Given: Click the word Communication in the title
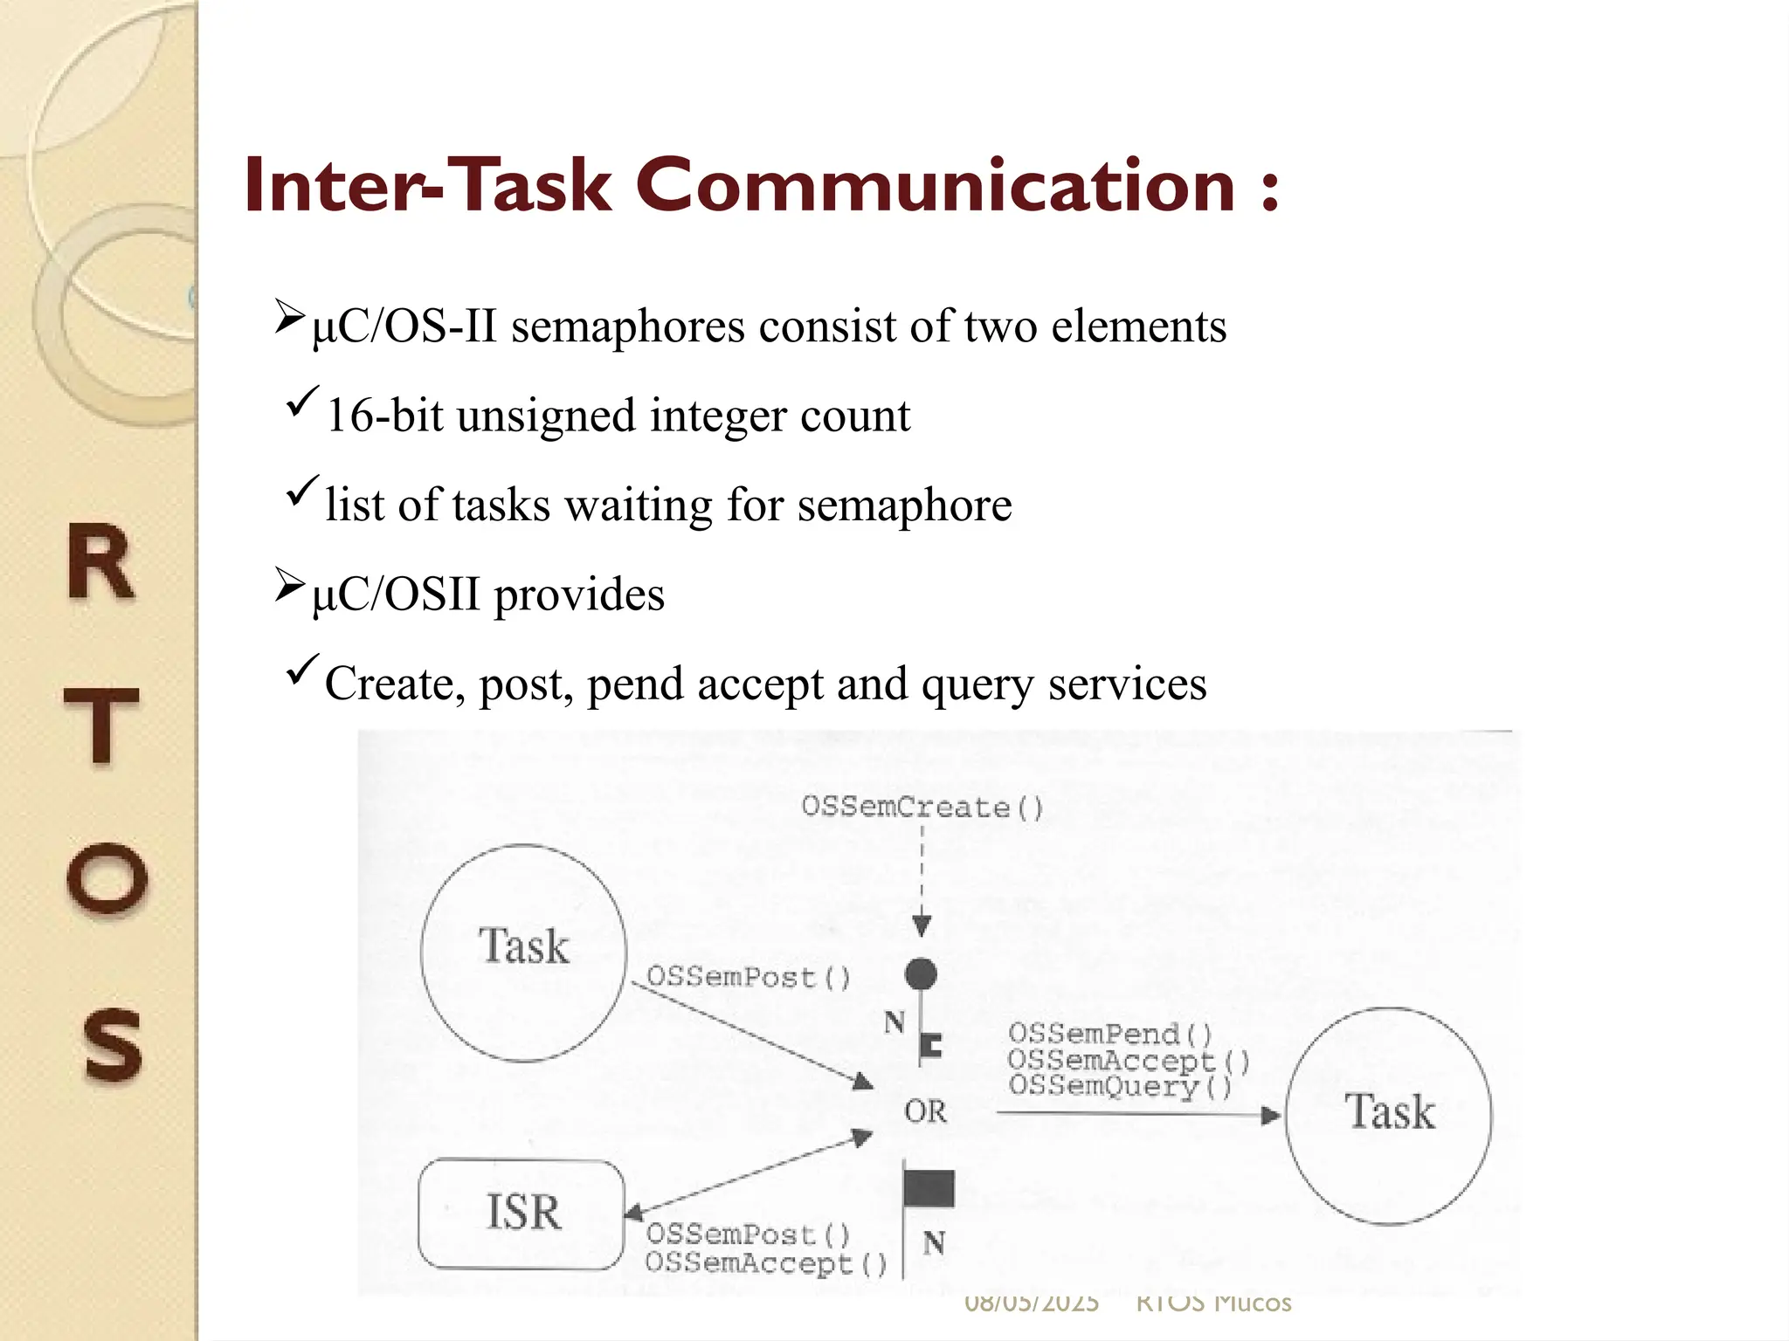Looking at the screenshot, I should pos(935,185).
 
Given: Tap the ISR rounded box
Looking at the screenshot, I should pos(522,1213).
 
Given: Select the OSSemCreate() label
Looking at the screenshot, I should pos(922,807).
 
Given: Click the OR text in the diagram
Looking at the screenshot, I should pos(925,1111).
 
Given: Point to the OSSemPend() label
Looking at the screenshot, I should pos(1110,1034).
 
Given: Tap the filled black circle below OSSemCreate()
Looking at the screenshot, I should pos(921,973).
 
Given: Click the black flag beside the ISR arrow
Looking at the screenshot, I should pos(929,1188).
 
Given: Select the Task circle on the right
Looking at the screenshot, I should pos(1389,1115).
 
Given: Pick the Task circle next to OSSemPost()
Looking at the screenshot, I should pos(523,952).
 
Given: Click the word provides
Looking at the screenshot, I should pos(579,595).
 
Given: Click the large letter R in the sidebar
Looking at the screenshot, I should pos(101,563).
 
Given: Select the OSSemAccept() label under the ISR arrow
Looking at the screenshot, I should pos(765,1263).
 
